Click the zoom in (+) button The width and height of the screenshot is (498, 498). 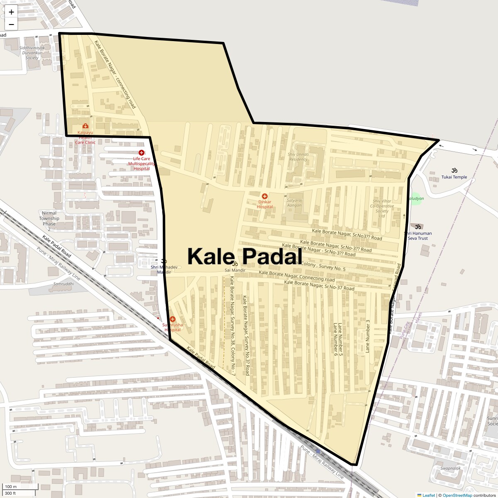(11, 12)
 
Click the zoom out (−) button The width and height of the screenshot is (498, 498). (11, 24)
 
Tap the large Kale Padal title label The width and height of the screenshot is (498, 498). (245, 256)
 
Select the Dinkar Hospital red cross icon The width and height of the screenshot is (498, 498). (264, 196)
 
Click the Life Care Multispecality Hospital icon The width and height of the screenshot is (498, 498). (141, 153)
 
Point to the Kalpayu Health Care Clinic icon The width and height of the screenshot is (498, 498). (85, 126)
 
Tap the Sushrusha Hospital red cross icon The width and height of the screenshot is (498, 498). (172, 319)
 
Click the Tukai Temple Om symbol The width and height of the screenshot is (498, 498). (454, 170)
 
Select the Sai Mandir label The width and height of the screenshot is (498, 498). (235, 270)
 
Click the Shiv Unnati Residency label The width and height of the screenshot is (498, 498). (298, 156)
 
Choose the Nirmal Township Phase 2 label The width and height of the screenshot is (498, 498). (49, 218)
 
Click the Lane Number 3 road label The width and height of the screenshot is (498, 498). (367, 336)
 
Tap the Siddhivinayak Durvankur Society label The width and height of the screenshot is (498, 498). (32, 53)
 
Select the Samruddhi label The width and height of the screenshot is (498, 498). (63, 284)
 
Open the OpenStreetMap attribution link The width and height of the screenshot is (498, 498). (457, 495)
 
